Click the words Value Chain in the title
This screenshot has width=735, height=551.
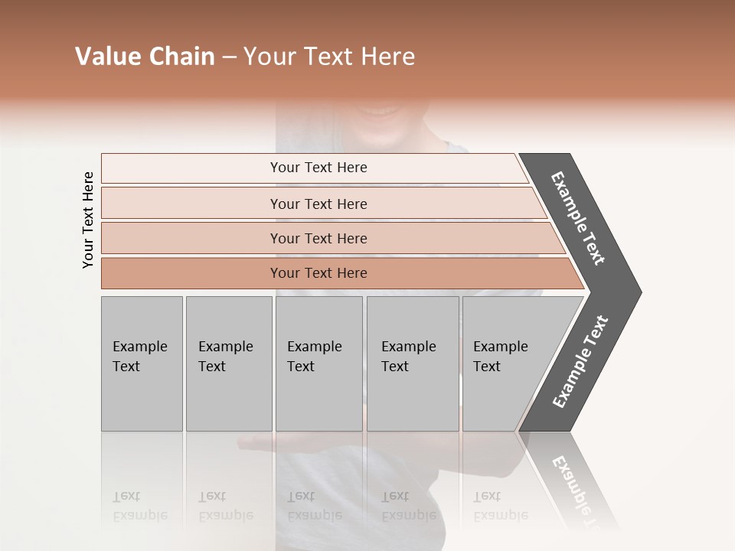click(145, 57)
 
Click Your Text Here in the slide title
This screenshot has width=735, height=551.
click(329, 57)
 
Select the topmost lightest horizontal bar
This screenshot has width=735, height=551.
click(191, 168)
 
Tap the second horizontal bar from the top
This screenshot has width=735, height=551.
click(191, 204)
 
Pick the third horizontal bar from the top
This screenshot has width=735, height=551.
click(191, 238)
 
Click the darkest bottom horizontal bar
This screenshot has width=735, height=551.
click(191, 273)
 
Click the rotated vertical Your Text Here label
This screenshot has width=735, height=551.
click(88, 220)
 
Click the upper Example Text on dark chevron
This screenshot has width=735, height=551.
click(578, 218)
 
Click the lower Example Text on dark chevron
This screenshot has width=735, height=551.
click(580, 362)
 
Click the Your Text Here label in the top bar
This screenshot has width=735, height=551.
click(318, 168)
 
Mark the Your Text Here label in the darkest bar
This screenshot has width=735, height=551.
click(318, 273)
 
